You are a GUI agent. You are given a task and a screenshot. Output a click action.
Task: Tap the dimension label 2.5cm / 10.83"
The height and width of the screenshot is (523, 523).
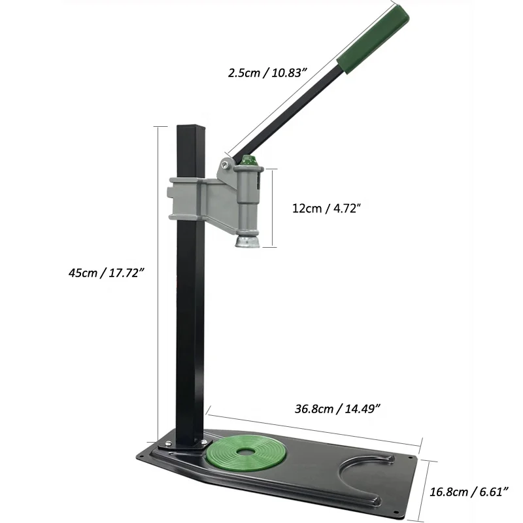tap(267, 74)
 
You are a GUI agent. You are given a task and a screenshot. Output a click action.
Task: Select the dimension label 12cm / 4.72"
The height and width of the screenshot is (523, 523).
tap(326, 209)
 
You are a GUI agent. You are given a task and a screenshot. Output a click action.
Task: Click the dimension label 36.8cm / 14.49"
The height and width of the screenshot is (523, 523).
tap(337, 409)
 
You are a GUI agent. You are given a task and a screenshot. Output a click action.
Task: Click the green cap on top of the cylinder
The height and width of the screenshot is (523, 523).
tap(248, 161)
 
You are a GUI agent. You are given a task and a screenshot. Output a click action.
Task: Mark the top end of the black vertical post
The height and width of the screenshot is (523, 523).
tap(188, 126)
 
